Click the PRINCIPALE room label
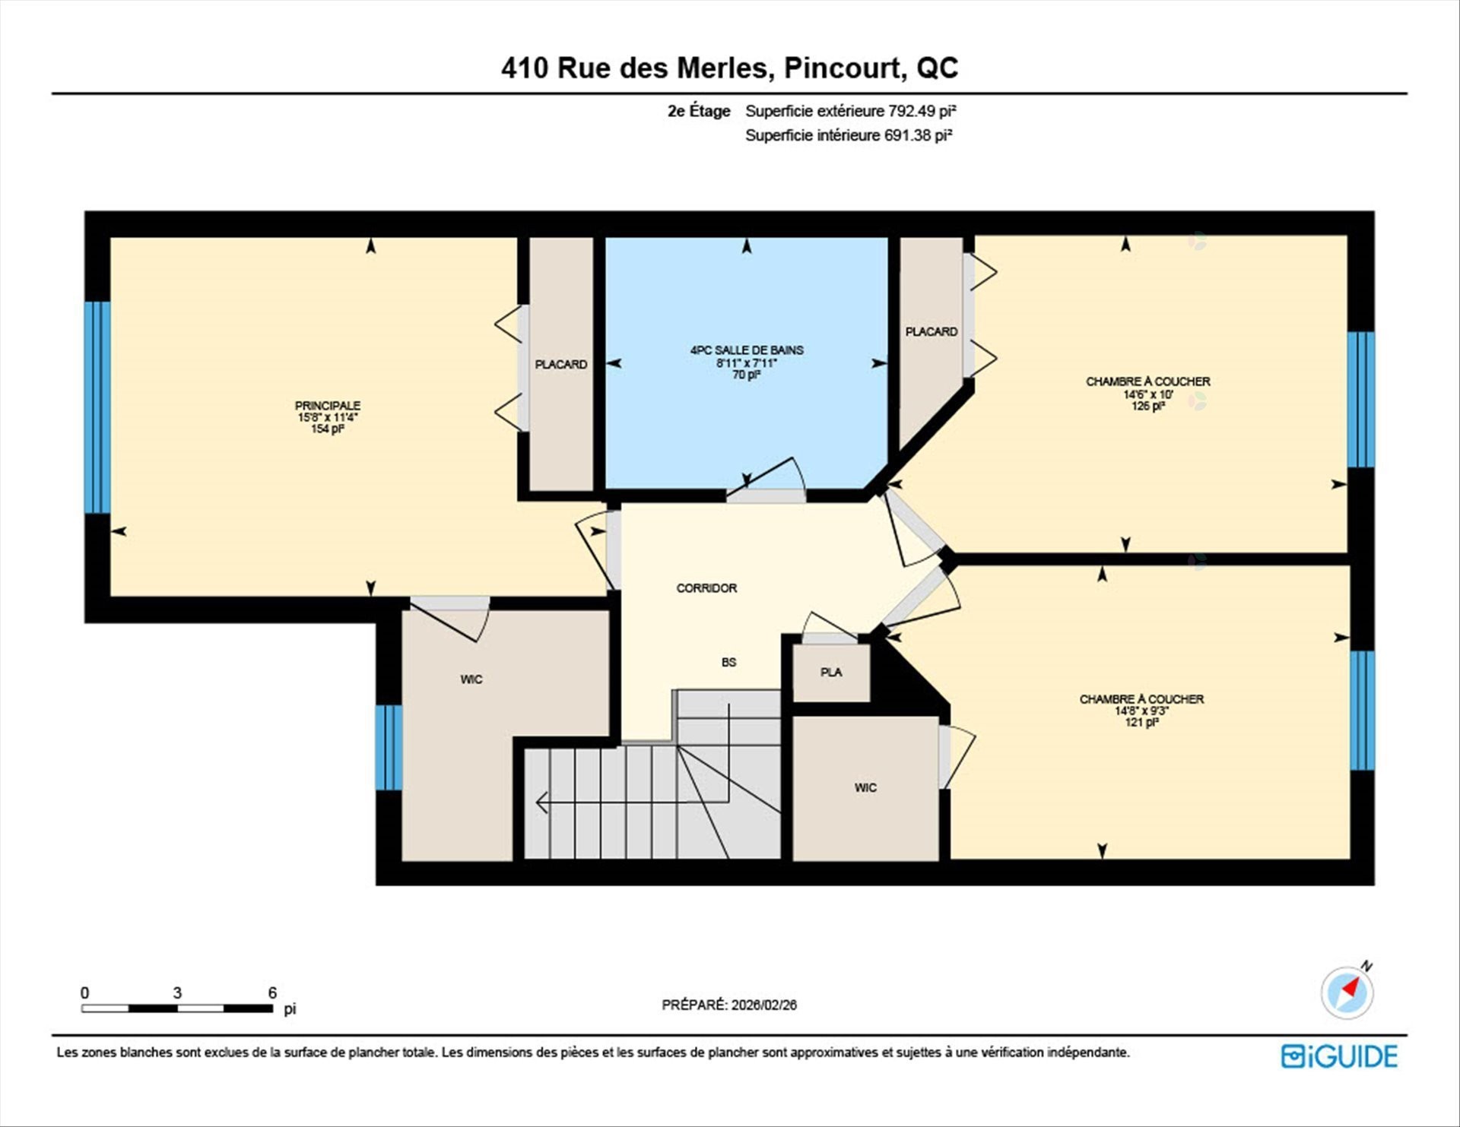(328, 406)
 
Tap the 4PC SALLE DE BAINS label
(747, 350)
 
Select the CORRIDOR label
(706, 588)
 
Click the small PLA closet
(831, 673)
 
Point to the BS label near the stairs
(728, 663)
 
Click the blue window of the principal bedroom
(97, 407)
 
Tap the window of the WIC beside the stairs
(389, 748)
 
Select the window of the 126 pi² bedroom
(1360, 400)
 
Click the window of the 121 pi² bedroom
(1362, 711)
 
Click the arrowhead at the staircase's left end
(542, 802)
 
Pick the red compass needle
(1350, 988)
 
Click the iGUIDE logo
(1339, 1056)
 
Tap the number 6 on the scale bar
(272, 992)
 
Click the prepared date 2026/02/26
(764, 1005)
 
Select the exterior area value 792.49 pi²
(922, 111)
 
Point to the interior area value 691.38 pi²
(918, 135)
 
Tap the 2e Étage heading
(699, 111)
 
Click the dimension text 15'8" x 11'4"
(328, 417)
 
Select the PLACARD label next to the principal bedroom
(561, 365)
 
